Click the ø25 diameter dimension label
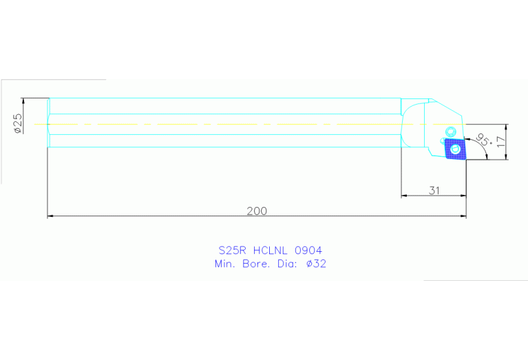(18, 123)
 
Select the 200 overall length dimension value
(257, 211)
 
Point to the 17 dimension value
(500, 142)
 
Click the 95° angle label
(483, 140)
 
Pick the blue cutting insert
(454, 148)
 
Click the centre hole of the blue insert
(454, 147)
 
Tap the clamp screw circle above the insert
(451, 131)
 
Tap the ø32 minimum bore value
(316, 264)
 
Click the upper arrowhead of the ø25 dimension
(23, 100)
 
